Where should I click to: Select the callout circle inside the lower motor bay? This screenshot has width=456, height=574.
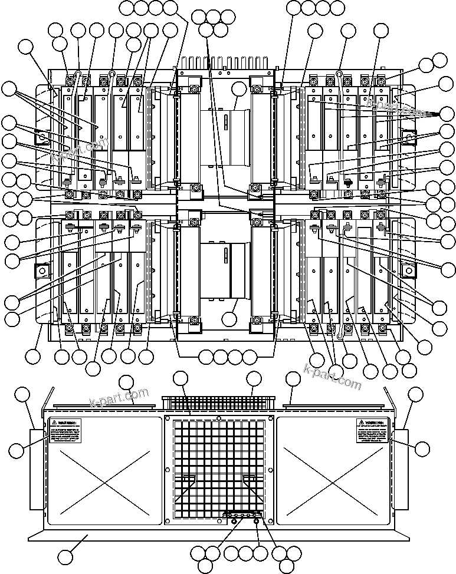[x=231, y=319]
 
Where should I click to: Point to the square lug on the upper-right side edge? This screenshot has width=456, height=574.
[x=408, y=136]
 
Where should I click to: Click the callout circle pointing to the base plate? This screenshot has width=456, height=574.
[x=67, y=556]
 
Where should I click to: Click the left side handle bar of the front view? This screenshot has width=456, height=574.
[x=38, y=469]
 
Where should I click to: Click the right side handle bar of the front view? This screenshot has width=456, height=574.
[x=401, y=469]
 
